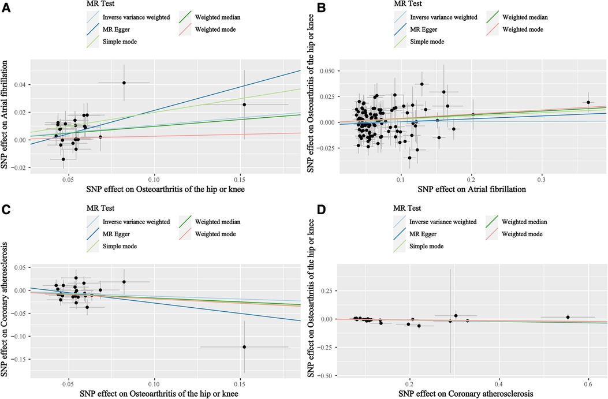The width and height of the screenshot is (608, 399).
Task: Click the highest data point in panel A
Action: pyautogui.click(x=124, y=83)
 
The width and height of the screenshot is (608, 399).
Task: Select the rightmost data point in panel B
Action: pyautogui.click(x=588, y=102)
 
